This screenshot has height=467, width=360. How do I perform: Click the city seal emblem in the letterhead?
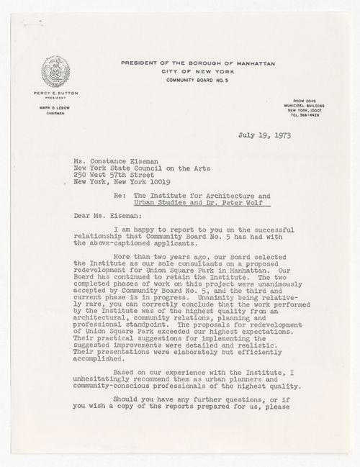pos(55,72)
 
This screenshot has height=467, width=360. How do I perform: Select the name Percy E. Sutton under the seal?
pos(56,93)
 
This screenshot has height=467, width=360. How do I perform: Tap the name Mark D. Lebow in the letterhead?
pos(55,106)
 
